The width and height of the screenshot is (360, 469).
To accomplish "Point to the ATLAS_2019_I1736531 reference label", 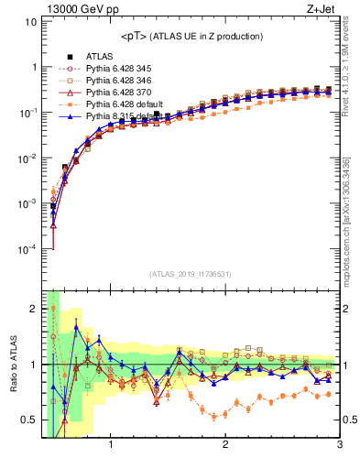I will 191,274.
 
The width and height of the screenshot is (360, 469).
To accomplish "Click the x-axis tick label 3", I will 339,447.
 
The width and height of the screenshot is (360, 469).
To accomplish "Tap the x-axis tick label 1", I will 111,447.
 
